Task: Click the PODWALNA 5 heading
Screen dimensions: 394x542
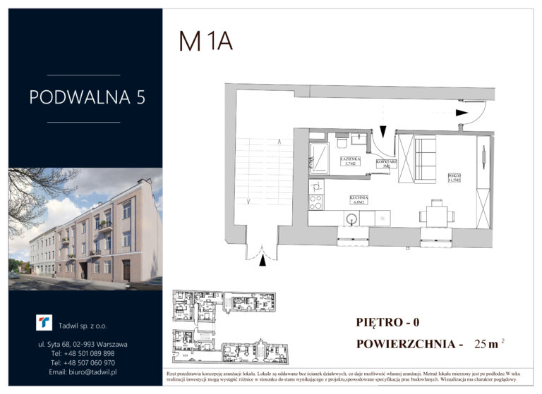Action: [88, 97]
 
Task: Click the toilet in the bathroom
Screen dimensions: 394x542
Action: [342, 142]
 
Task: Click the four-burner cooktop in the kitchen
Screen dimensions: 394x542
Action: [316, 202]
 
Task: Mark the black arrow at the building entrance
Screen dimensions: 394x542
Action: [263, 261]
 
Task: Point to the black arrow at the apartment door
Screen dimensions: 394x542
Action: [382, 130]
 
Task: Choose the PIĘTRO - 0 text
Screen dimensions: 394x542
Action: [387, 323]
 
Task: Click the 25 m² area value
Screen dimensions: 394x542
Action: [490, 344]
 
